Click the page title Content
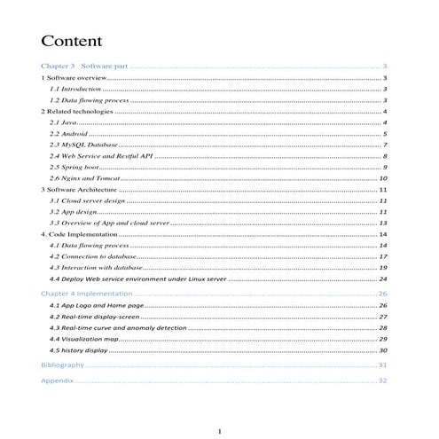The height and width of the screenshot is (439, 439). click(x=72, y=42)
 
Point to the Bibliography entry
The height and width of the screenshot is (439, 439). click(x=63, y=365)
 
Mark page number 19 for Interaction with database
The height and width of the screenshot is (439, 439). click(x=383, y=267)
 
